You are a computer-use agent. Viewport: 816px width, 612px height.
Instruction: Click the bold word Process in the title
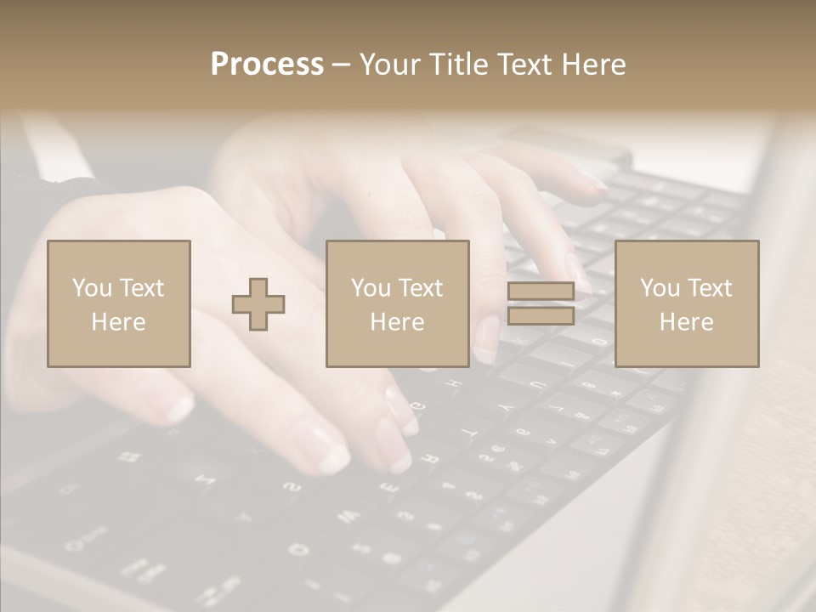click(267, 64)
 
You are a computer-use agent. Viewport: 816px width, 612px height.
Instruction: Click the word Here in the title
click(594, 64)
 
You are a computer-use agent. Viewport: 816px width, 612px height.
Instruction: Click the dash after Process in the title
click(342, 65)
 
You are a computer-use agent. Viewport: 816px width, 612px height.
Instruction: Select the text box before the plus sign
click(118, 303)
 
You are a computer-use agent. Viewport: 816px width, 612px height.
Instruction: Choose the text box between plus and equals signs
click(397, 303)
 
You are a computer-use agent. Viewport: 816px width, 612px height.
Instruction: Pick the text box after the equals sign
click(686, 303)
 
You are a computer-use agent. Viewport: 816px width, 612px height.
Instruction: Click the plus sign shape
click(258, 303)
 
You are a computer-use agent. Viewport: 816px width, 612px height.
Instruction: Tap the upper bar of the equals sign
click(541, 292)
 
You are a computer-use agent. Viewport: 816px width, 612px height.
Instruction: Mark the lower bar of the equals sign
click(541, 315)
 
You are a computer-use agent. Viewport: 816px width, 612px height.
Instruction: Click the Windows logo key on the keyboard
click(130, 457)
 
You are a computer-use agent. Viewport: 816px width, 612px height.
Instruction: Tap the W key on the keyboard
click(348, 516)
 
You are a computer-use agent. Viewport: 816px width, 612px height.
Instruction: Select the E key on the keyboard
click(388, 487)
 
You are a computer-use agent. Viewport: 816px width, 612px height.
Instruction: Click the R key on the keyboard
click(429, 459)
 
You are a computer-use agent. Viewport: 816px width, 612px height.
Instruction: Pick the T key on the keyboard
click(468, 433)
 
